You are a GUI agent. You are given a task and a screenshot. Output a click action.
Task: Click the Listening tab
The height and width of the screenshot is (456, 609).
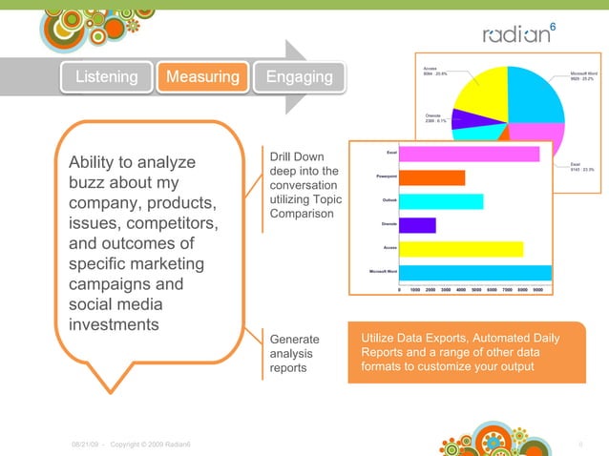(107, 76)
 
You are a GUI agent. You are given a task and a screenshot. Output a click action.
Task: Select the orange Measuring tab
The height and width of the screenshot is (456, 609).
(203, 76)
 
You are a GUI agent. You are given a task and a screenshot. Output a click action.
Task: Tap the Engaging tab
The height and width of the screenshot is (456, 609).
(299, 76)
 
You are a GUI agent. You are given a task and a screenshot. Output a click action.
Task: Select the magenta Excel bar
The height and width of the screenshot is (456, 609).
(469, 153)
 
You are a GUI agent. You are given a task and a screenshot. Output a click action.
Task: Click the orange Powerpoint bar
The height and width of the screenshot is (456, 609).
(431, 177)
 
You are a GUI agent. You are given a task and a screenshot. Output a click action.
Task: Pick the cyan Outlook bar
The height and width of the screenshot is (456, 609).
(441, 201)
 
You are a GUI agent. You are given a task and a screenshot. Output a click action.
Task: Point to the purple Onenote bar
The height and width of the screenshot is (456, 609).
(417, 225)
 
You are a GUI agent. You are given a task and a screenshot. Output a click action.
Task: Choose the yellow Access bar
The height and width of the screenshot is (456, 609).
(460, 249)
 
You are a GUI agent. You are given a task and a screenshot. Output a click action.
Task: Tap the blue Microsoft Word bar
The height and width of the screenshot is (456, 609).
(474, 273)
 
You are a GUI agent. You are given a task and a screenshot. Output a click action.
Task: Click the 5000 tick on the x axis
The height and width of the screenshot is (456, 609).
(475, 288)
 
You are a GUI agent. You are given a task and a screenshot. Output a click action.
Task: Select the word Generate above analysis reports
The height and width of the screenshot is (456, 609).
(295, 340)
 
